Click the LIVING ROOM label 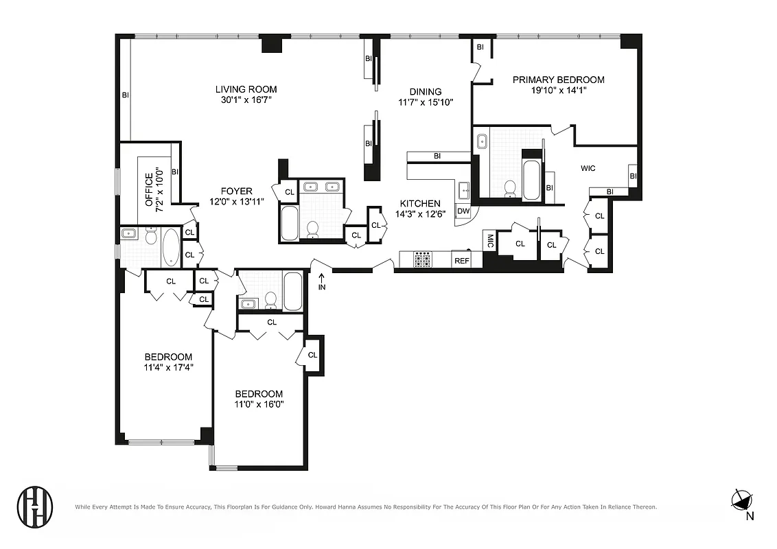246,89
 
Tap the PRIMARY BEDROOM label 558,80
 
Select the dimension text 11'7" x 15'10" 426,102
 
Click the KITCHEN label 420,203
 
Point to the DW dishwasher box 463,211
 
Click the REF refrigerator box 461,261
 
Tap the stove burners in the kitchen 423,260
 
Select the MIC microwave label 490,241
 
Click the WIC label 588,167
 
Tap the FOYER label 236,191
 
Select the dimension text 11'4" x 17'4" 167,367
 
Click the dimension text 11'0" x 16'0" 259,404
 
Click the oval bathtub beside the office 171,248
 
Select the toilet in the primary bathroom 510,187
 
